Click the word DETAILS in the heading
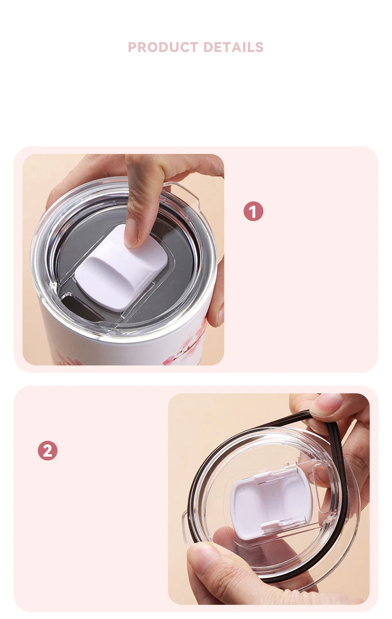(x=234, y=47)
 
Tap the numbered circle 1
(x=253, y=211)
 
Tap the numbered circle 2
(x=48, y=450)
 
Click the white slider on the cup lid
(x=122, y=268)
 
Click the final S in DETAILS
(x=259, y=47)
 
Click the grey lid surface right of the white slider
(x=181, y=265)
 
